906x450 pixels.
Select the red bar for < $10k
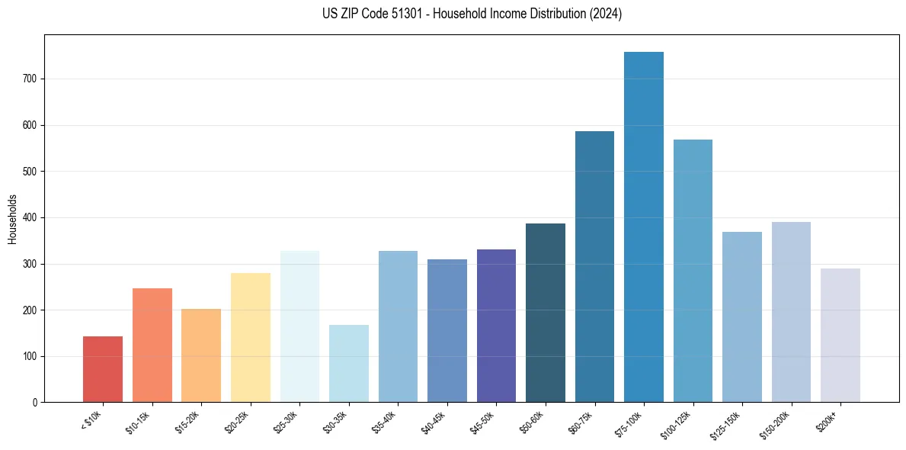103,369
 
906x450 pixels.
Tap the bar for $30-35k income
348,364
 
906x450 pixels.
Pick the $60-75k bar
594,267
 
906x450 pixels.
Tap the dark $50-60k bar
545,313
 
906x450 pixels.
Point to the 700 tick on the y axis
34,79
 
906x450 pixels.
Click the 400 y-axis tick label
34,217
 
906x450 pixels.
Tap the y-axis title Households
12,219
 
